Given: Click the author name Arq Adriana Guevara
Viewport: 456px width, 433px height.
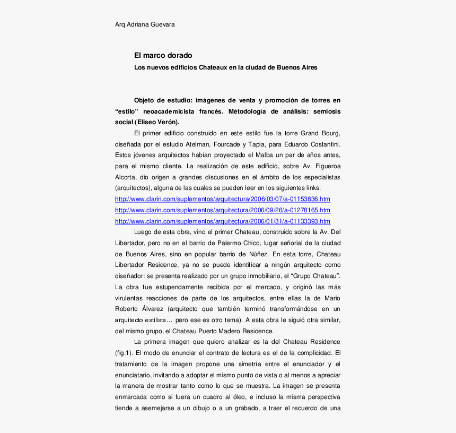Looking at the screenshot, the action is pos(144,24).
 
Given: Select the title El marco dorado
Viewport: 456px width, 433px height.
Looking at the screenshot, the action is pos(163,55).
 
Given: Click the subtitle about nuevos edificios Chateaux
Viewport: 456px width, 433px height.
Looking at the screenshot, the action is pos(225,67).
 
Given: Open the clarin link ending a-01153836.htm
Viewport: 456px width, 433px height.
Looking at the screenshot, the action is pos(223,199).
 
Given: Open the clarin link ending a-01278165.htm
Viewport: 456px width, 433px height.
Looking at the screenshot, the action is pos(223,210).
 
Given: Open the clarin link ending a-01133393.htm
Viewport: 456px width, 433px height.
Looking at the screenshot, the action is pos(223,221).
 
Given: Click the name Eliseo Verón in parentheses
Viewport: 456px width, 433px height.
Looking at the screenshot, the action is pos(159,122).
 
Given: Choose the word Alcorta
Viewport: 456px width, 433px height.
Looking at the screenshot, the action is pos(126,177).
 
